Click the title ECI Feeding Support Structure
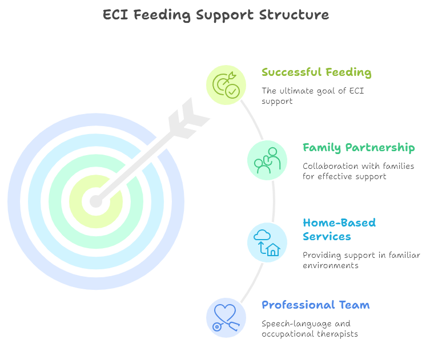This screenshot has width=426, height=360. pyautogui.click(x=216, y=15)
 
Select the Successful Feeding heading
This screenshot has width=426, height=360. pyautogui.click(x=316, y=72)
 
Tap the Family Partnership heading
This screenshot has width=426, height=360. pyautogui.click(x=359, y=148)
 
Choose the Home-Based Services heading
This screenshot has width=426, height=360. pyautogui.click(x=339, y=229)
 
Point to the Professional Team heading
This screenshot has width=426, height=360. pyautogui.click(x=315, y=305)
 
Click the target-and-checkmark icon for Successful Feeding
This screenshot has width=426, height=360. pyautogui.click(x=226, y=85)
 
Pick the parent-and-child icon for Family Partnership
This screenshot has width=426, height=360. pyautogui.click(x=267, y=160)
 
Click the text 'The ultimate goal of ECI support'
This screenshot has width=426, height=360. pyautogui.click(x=305, y=95)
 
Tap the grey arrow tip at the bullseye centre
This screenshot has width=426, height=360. pyautogui.click(x=95, y=201)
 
